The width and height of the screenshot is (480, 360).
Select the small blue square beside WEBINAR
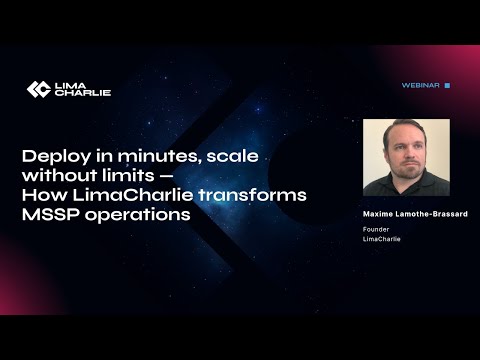tap(447, 86)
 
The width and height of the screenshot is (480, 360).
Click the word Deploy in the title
tap(52, 156)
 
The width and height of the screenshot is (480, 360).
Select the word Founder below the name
tap(377, 229)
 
